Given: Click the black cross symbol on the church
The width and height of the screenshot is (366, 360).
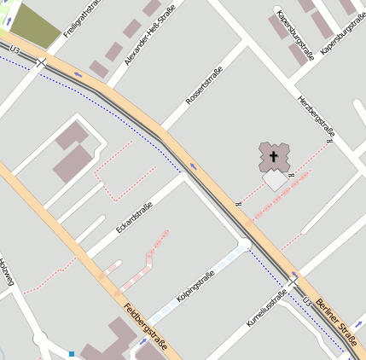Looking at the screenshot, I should pyautogui.click(x=274, y=156).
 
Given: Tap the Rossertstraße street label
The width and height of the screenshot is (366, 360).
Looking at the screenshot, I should pyautogui.click(x=204, y=85).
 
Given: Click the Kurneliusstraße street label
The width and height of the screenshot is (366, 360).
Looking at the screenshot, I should pyautogui.click(x=265, y=309).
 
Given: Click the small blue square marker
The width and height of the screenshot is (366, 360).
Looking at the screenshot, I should pyautogui.click(x=73, y=353).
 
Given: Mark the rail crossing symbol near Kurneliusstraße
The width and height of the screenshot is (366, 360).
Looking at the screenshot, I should pyautogui.click(x=293, y=282).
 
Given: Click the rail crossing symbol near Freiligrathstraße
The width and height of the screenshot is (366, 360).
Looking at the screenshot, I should pyautogui.click(x=41, y=62).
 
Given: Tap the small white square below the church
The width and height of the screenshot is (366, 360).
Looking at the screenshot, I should pyautogui.click(x=275, y=179).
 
